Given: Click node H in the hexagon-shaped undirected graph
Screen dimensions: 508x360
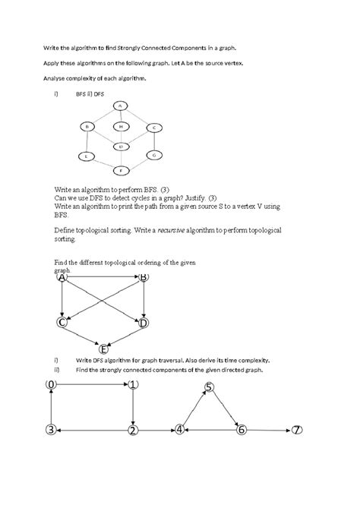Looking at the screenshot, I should point(121,126).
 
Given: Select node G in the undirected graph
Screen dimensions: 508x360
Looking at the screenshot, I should point(154,155).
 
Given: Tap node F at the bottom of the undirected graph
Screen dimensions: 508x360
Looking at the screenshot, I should point(120,170).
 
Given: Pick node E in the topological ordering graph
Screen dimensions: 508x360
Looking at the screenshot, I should point(104,350).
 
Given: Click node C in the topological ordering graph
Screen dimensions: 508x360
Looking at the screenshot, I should point(62,323).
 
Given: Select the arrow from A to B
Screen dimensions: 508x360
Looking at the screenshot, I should point(103,278).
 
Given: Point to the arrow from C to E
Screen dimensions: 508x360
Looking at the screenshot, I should point(83,336).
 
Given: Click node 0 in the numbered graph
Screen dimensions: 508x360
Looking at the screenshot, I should point(51,385).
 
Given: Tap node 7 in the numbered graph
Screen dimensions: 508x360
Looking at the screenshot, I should point(296,430).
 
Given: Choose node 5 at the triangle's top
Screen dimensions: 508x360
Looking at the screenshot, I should point(210,387).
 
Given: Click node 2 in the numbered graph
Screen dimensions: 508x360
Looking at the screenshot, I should point(133,431).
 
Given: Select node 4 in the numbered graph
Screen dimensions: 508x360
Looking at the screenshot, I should point(180,430).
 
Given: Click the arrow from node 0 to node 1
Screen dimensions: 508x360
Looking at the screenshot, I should point(92,385).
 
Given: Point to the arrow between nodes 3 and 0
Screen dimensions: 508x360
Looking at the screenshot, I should point(51,408).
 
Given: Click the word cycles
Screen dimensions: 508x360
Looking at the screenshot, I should point(127,197).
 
